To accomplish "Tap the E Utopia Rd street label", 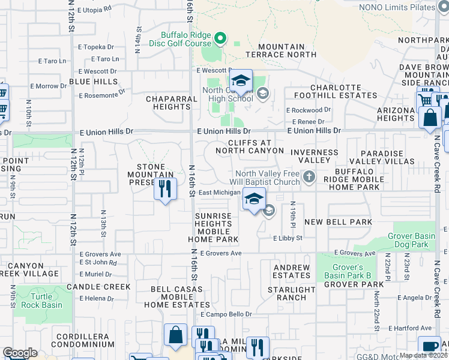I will pos(91,10).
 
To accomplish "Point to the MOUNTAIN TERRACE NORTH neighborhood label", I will pos(282,50).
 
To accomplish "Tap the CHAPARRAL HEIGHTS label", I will pos(172,103).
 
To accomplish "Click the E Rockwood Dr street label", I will pos(308,110).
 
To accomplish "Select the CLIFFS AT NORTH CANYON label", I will pos(249,146).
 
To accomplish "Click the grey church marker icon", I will pos(309,176).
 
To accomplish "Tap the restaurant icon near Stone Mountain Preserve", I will pos(165,190).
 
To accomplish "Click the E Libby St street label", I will pos(288,238).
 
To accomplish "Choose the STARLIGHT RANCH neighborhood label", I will pos(291,293).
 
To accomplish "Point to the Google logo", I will pos(20,353).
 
